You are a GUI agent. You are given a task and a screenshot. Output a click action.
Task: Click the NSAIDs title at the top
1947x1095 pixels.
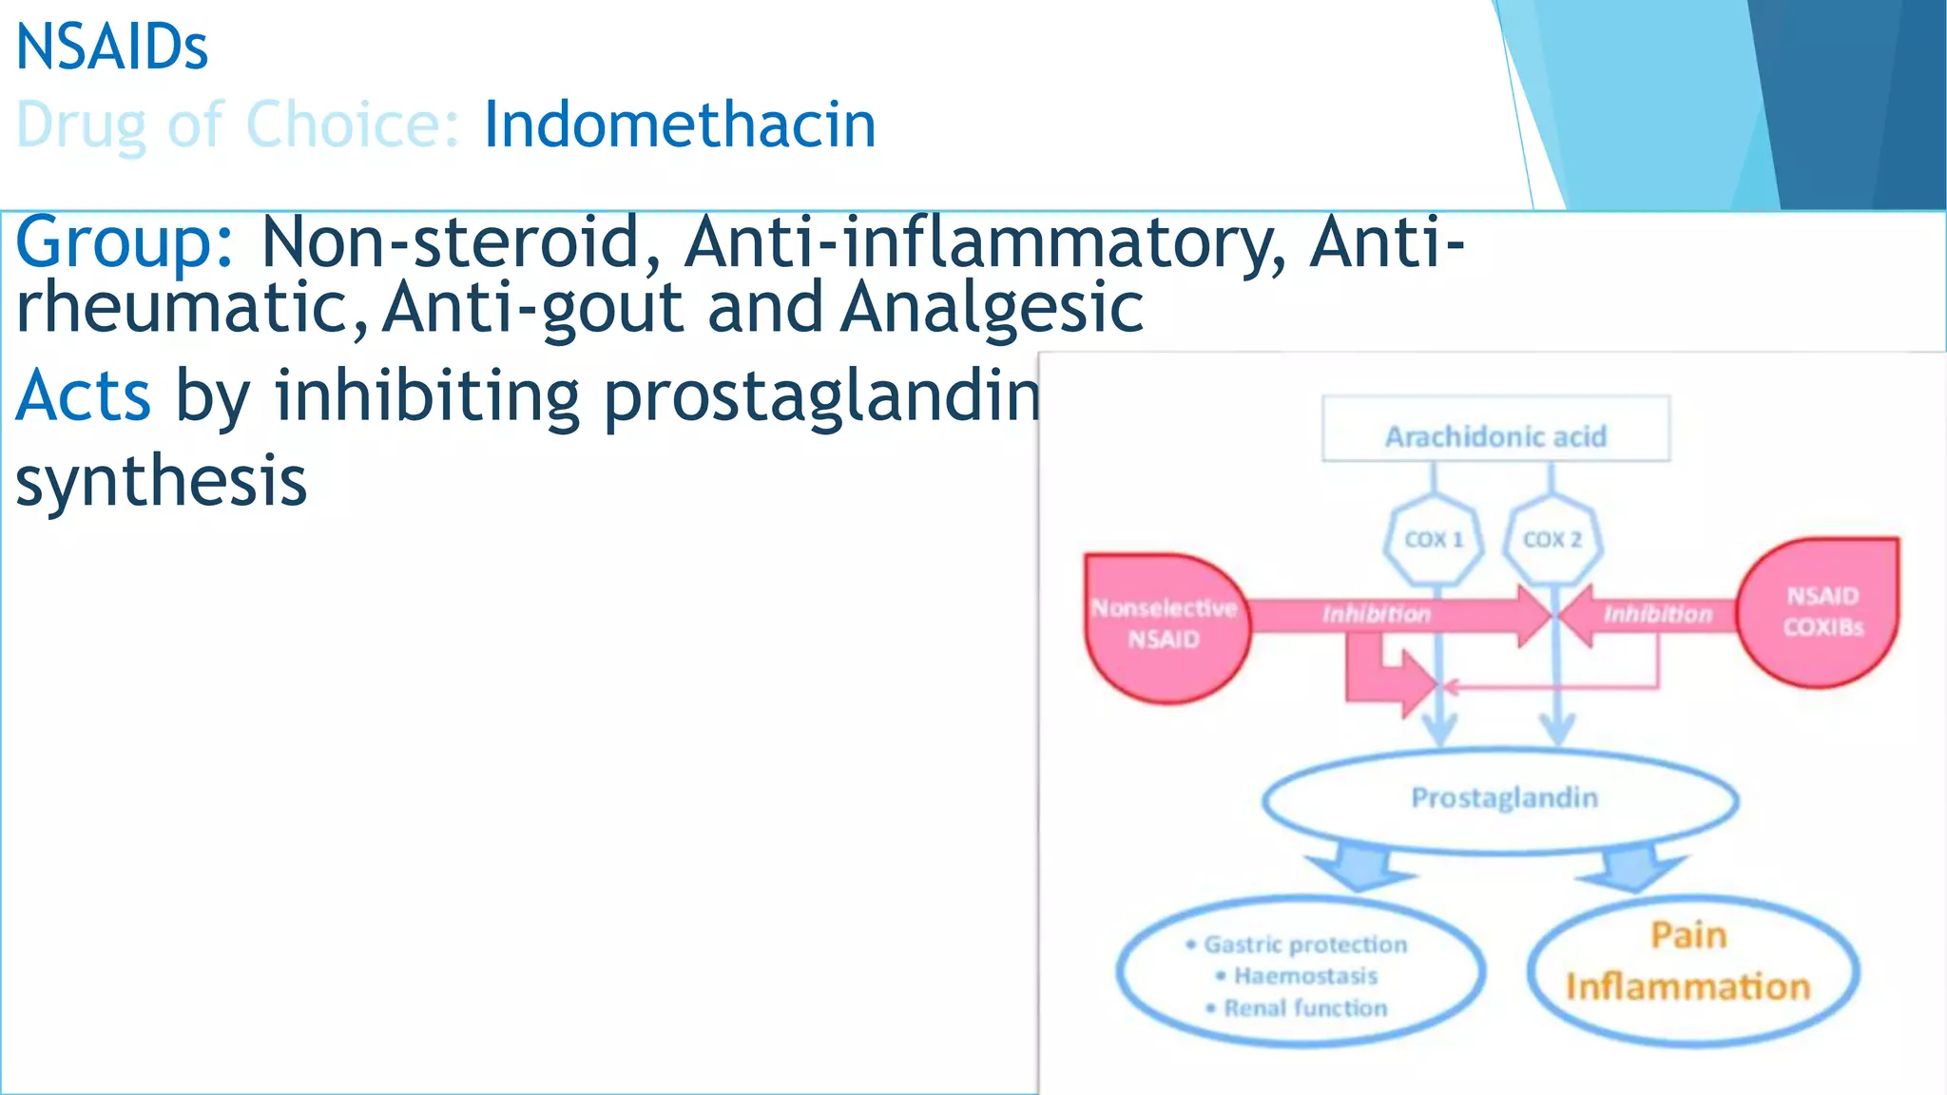[112, 48]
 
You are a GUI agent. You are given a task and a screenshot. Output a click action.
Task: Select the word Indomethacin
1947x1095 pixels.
[680, 125]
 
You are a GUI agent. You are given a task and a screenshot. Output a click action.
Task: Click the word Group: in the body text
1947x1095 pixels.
[125, 241]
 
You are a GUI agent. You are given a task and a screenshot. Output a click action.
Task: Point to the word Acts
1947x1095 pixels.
[84, 395]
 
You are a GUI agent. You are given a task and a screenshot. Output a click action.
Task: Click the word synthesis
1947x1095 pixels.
[162, 480]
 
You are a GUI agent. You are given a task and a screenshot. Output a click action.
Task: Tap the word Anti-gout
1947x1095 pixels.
[532, 307]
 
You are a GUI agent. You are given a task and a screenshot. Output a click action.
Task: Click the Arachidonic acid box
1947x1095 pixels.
[1495, 436]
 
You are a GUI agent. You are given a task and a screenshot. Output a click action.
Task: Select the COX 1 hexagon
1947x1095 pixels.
[1434, 539]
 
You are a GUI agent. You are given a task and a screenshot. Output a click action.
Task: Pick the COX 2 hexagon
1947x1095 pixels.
[1552, 539]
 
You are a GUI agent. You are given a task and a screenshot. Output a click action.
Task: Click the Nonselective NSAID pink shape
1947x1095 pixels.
[1165, 624]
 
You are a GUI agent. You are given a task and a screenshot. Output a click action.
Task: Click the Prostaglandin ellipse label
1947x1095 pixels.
[1504, 797]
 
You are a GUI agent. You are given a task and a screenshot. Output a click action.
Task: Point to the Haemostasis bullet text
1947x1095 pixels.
[1305, 976]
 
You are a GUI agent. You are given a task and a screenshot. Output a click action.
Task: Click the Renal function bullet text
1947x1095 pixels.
[1305, 1009]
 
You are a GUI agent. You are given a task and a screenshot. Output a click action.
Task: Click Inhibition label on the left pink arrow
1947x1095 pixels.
[1376, 614]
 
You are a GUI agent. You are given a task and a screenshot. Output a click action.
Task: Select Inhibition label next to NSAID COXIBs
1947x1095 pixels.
[1658, 614]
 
